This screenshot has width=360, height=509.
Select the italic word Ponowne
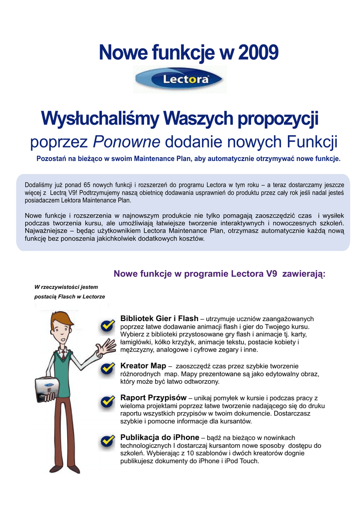point(127,142)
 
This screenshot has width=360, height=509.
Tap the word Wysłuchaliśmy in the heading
point(99,119)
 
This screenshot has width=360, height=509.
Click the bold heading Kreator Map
point(143,365)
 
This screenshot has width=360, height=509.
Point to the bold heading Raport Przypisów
point(153,398)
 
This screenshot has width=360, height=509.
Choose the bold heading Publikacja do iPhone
point(160,437)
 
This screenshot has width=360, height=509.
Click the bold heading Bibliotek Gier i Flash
point(159,318)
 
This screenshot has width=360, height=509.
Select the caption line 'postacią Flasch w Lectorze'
point(70,297)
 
